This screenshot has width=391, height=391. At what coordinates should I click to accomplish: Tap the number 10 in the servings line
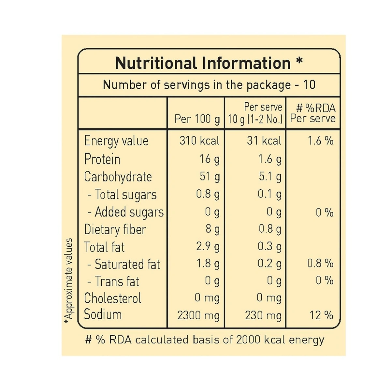click(x=309, y=85)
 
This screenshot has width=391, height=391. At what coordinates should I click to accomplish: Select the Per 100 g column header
click(x=197, y=119)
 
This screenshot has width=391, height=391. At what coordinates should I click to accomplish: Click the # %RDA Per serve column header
click(x=313, y=113)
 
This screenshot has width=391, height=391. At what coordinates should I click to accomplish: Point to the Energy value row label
click(x=116, y=141)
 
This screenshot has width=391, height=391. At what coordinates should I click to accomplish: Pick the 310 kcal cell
click(x=199, y=141)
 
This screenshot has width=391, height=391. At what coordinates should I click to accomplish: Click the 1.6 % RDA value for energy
click(x=321, y=141)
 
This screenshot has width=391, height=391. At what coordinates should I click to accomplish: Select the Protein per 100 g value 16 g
click(x=209, y=159)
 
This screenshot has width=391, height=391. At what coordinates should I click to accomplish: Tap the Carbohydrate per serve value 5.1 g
click(x=270, y=177)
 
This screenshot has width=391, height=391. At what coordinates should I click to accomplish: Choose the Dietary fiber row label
click(x=115, y=229)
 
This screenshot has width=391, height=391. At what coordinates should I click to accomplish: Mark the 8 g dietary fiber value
click(x=212, y=229)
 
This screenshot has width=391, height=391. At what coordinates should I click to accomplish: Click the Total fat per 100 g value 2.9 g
click(x=208, y=246)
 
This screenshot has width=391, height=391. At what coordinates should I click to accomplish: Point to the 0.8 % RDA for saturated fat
click(x=320, y=263)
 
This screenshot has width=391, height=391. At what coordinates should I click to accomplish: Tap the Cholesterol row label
click(x=113, y=298)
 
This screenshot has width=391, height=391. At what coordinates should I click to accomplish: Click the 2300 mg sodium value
click(x=198, y=315)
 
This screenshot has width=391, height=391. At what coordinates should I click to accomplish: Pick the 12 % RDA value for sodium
click(x=321, y=315)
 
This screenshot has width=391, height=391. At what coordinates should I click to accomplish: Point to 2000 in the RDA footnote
click(x=248, y=340)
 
